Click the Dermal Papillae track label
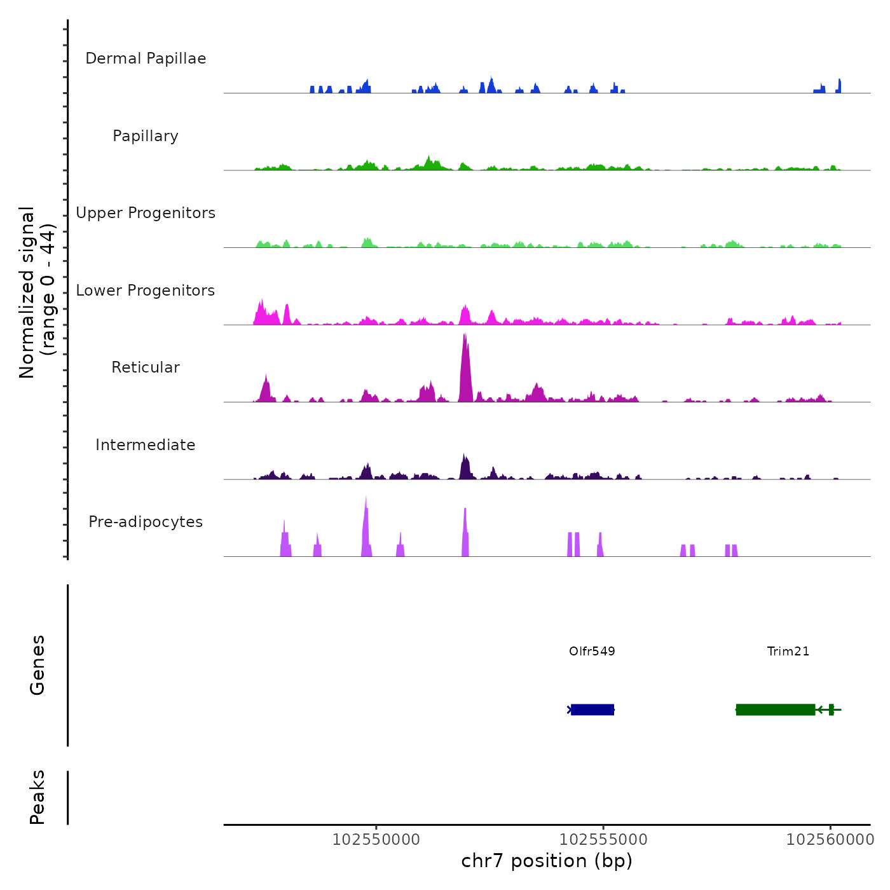[x=146, y=58]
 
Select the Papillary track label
[x=146, y=136]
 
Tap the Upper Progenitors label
[x=146, y=213]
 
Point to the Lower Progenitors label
[x=146, y=291]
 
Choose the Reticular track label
[x=146, y=367]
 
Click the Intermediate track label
[x=146, y=445]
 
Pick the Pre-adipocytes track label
[x=146, y=522]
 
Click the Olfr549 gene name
[x=592, y=652]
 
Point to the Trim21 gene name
[x=788, y=652]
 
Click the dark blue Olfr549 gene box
[x=592, y=709]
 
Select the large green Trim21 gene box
[x=776, y=709]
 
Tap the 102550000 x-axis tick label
[x=376, y=840]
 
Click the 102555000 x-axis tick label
[x=603, y=840]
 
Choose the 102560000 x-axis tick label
[x=830, y=840]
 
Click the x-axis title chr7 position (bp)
[x=547, y=861]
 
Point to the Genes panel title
[x=38, y=665]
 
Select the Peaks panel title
[x=38, y=797]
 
